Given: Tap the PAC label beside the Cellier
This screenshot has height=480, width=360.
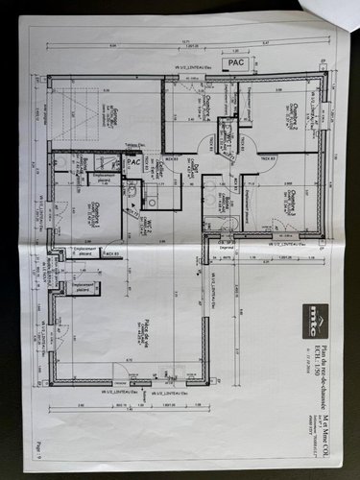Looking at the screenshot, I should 133,162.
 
